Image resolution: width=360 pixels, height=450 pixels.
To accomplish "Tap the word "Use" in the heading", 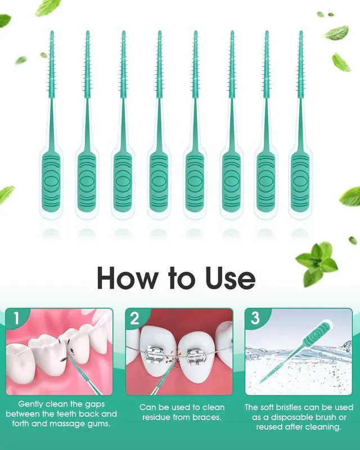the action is coord(230,278).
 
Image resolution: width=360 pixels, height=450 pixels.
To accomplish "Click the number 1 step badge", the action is coord(16,318).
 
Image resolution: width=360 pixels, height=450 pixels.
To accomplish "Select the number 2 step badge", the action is coord(135,318).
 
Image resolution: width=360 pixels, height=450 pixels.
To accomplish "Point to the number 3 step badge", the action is coord(255,318).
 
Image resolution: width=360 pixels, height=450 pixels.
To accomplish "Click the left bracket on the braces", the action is coord(155,356).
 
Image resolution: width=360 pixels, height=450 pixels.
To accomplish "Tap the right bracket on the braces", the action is coord(197,356).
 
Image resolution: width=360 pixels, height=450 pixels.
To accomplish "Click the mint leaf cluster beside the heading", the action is coord(316,263).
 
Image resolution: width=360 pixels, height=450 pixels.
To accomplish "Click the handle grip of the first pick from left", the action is coord(51,182).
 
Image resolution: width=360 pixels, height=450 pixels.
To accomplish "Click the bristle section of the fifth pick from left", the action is coord(195,65).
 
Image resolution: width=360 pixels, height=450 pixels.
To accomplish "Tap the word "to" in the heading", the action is coord(182,278).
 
